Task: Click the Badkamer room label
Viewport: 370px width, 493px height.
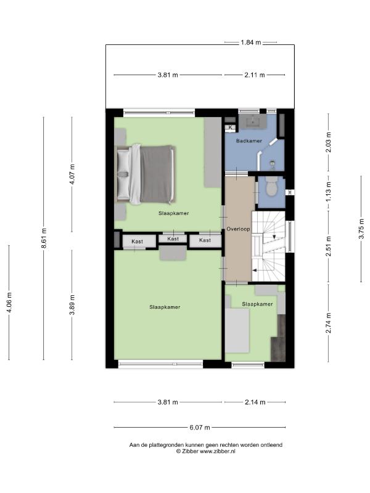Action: coord(249,141)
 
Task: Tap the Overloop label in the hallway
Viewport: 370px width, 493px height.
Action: coord(239,229)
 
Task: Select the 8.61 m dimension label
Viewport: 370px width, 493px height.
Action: coord(44,238)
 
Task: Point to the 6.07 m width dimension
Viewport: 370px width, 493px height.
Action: coord(199,427)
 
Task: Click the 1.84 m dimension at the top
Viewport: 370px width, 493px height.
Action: coord(251,42)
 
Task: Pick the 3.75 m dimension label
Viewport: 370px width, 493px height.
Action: coord(361,229)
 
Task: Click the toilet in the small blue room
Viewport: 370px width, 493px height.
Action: coord(271,186)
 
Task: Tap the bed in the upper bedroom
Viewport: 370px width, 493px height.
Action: coord(146,174)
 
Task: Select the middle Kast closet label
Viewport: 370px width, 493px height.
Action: coord(173,239)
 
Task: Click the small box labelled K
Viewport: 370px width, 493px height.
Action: coord(230,128)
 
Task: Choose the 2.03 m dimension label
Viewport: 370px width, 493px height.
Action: coord(329,142)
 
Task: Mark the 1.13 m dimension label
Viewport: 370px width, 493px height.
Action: coord(329,192)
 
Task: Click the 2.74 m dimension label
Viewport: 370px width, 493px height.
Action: coord(329,323)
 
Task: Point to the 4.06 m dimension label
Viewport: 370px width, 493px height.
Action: coord(9,303)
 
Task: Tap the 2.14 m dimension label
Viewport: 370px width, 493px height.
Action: coord(255,402)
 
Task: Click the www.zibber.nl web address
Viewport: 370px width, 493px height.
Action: coord(218,451)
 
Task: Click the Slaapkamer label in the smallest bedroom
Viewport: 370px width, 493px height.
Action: coord(257,304)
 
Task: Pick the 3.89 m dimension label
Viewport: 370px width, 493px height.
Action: coord(72,304)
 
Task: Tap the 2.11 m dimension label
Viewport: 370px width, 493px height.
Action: coord(255,75)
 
